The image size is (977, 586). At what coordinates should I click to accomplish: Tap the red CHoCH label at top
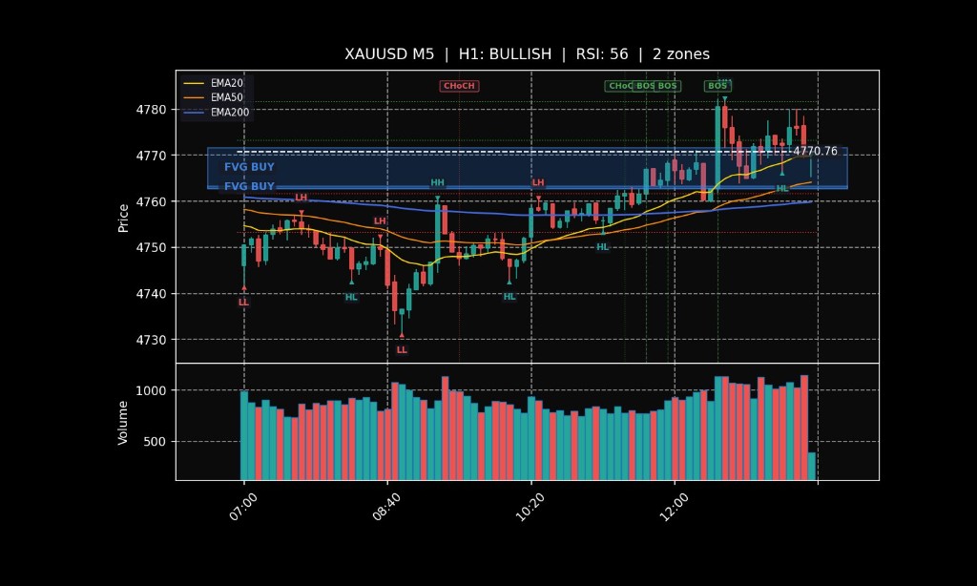458,86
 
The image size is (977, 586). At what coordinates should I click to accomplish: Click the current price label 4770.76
815,151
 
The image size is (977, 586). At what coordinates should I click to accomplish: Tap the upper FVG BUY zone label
249,167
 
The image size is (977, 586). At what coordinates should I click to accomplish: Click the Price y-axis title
123,217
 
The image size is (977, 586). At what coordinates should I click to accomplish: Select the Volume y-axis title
123,422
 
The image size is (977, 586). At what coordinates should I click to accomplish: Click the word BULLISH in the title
519,54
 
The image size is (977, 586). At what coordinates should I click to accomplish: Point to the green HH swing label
437,182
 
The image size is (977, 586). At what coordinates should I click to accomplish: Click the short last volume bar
812,466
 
